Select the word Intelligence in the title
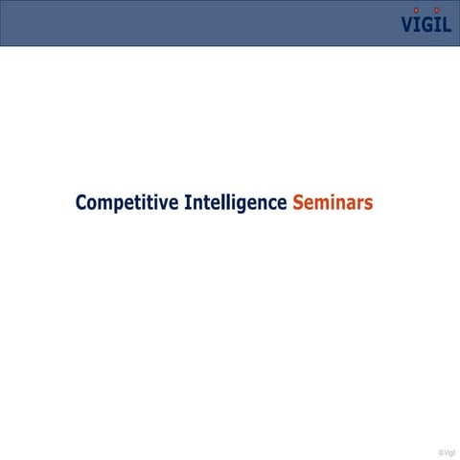coord(235,202)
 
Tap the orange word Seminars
coord(333,202)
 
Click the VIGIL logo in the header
coord(426,23)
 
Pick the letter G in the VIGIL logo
coord(428,25)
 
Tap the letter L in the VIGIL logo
coord(447,25)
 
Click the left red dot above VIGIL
coord(417,11)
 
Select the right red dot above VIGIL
coord(437,11)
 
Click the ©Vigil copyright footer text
coord(447,451)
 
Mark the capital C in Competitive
coord(81,202)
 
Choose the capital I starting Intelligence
coord(186,202)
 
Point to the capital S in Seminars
coord(298,202)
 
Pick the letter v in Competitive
coord(162,204)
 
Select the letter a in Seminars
coord(349,204)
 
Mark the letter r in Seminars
coord(359,204)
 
